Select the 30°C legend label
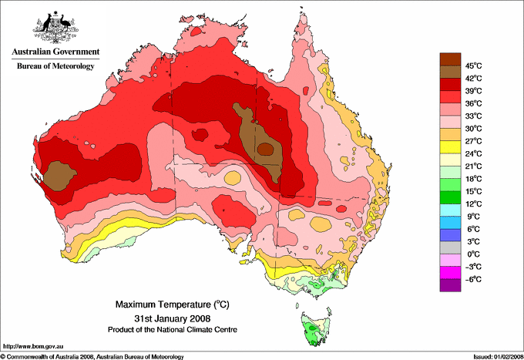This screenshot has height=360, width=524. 472,128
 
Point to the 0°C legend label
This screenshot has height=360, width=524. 472,254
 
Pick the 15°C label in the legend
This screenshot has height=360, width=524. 472,191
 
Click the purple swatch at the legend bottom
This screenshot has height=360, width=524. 449,285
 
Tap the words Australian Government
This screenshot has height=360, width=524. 54,52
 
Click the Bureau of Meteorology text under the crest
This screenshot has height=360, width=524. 55,66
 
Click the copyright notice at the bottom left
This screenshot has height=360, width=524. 92,356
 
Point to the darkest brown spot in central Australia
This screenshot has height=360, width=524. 264,149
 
